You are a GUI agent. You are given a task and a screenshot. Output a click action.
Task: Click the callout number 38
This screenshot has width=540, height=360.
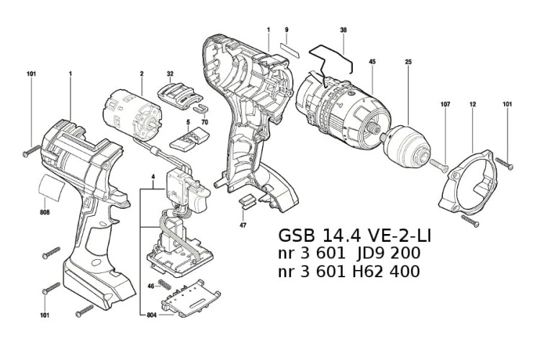click(x=343, y=30)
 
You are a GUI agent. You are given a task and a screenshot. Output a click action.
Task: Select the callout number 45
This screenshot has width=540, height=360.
click(x=372, y=62)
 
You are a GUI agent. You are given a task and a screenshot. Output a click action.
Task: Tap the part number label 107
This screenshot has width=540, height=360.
click(x=445, y=105)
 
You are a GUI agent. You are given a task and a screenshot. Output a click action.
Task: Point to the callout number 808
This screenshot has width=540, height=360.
click(x=45, y=212)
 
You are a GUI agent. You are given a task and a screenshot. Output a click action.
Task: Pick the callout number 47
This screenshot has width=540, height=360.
click(x=243, y=225)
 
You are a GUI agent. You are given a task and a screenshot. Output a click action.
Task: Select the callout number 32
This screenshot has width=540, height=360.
click(x=170, y=73)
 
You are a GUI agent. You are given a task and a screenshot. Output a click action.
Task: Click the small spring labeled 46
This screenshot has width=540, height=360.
click(x=165, y=286)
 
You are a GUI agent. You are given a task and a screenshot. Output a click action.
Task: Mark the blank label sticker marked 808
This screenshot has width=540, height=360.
click(x=52, y=188)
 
